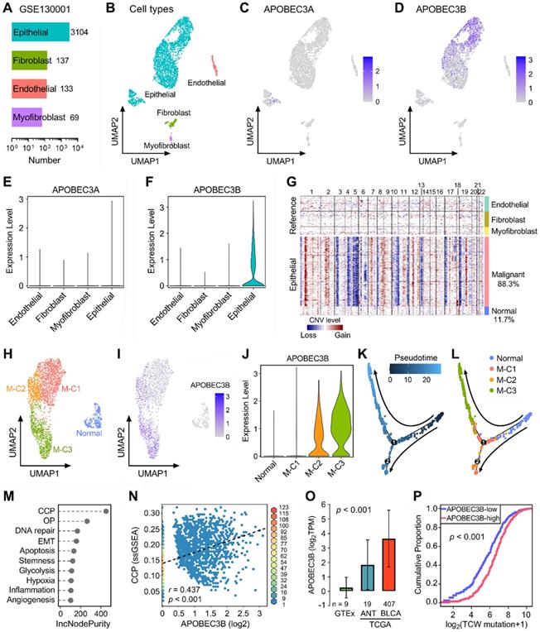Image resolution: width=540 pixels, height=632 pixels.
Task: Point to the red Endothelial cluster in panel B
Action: (214, 65)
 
